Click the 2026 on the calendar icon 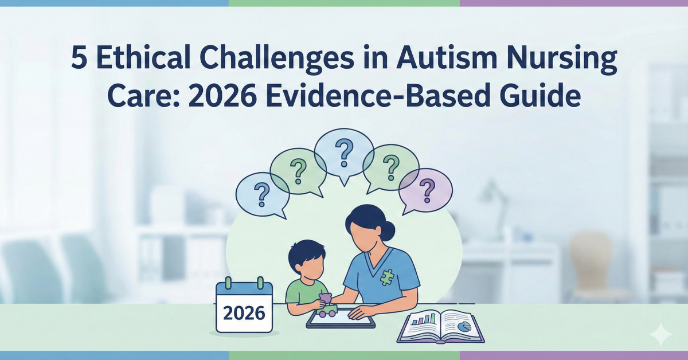[244, 313]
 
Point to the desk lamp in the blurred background [494, 198]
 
